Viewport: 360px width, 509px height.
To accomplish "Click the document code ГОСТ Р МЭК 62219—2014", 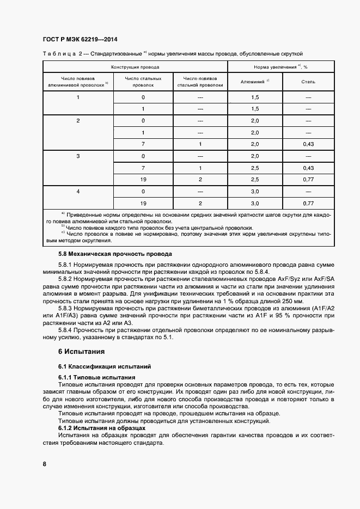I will (80, 40).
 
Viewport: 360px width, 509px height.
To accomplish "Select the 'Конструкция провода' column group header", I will (135, 67).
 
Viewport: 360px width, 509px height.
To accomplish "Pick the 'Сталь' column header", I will (308, 82).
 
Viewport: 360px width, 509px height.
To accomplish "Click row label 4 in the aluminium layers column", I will (78, 192).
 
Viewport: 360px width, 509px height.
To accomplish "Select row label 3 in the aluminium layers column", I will (78, 156).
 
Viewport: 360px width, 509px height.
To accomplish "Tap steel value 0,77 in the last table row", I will (308, 203).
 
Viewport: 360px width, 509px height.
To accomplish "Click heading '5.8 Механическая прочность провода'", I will (114, 254).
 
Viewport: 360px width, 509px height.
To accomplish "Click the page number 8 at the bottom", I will (44, 464).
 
